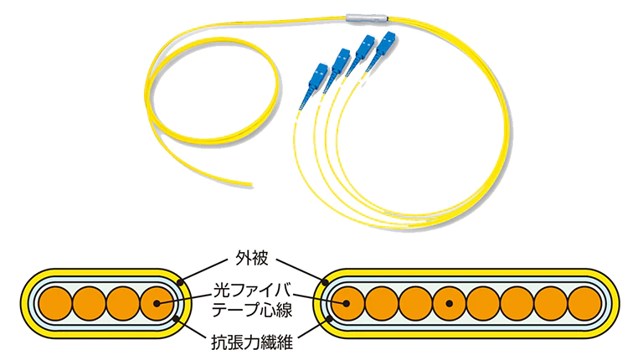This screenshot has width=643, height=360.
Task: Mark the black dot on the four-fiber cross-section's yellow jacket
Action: tap(179, 278)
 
